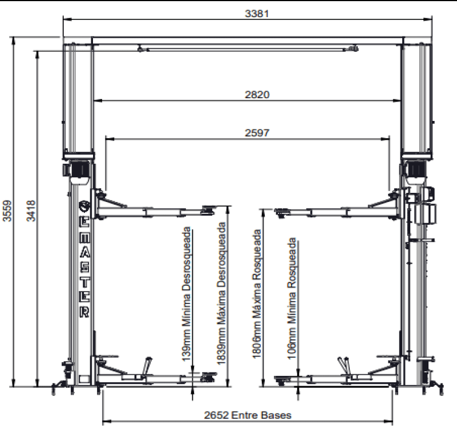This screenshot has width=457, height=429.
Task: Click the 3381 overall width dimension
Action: pos(257,14)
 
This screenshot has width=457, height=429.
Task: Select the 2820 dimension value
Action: pos(257,95)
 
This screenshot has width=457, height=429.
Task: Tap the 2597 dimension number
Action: pos(257,133)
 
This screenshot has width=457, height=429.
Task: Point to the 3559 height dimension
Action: pos(7,211)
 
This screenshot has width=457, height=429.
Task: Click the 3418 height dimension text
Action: pos(31,211)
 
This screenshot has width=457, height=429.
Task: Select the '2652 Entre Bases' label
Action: pos(248,415)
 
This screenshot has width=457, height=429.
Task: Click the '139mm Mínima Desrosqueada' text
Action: pos(186,294)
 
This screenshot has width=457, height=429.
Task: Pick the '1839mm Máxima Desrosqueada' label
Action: pos(221,293)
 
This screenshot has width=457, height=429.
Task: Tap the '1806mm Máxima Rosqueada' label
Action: pos(257,294)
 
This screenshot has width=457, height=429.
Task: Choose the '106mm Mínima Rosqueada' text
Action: pos(292,299)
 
